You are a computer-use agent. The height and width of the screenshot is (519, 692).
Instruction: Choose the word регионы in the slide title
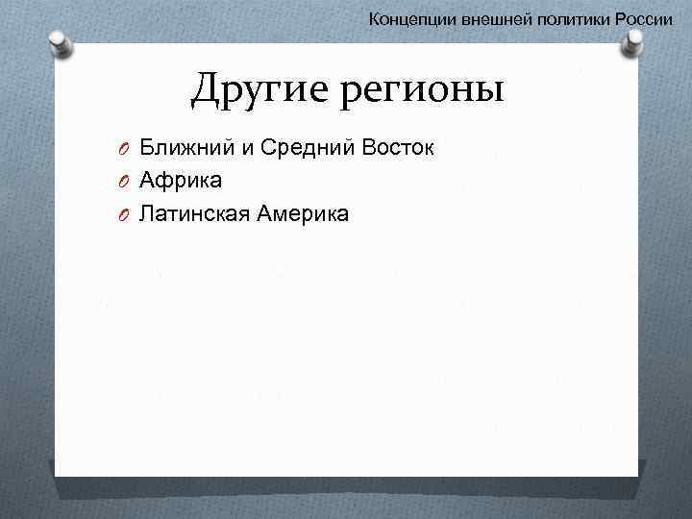coord(417,90)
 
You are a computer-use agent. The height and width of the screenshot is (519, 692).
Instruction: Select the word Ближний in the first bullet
coord(180,148)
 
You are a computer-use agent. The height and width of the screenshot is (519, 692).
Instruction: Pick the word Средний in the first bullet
coord(287,148)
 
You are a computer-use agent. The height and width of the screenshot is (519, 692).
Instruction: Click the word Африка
coord(181,180)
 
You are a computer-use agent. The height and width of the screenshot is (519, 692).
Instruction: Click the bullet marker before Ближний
coord(126,149)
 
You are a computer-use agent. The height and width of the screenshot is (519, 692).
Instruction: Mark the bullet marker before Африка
coord(126,181)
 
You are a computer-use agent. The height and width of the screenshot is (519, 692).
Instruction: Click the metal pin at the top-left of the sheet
coord(60,44)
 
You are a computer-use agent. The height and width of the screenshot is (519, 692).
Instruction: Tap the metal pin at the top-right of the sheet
coord(634,44)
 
